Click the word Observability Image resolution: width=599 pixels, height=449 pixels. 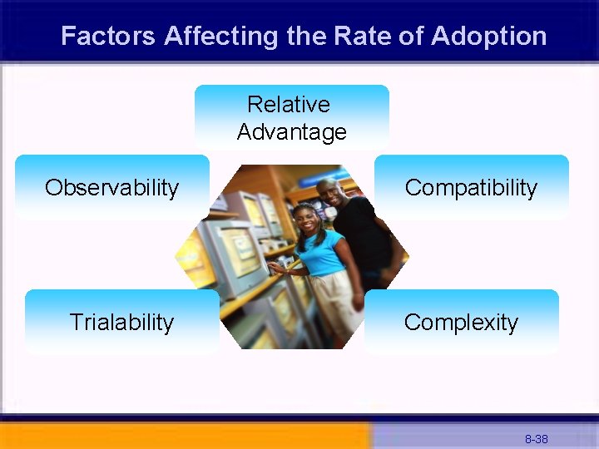pyautogui.click(x=111, y=188)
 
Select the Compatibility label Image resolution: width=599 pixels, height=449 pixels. pyautogui.click(x=471, y=188)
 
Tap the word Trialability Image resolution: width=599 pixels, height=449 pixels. pyautogui.click(x=121, y=323)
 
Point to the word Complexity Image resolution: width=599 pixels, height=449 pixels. pyautogui.click(x=461, y=323)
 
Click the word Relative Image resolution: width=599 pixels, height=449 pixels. pyautogui.click(x=289, y=105)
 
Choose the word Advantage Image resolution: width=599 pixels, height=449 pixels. pyautogui.click(x=291, y=132)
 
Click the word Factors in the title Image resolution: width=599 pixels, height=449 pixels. pyautogui.click(x=108, y=37)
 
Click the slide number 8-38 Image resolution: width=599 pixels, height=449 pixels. pyautogui.click(x=536, y=438)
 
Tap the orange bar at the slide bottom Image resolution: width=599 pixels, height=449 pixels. pyautogui.click(x=183, y=436)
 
